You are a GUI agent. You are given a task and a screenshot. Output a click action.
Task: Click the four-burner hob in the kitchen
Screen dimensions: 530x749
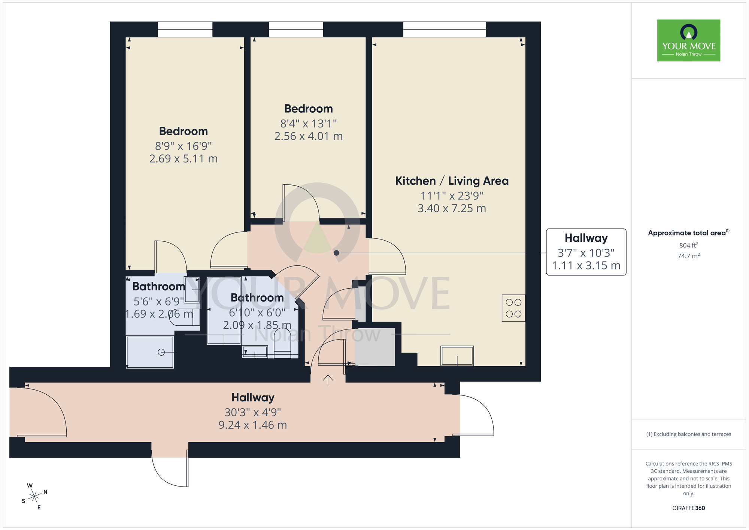513,308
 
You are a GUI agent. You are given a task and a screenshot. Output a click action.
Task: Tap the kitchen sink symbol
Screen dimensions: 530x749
457,355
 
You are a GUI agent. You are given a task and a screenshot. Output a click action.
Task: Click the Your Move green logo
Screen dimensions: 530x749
688,40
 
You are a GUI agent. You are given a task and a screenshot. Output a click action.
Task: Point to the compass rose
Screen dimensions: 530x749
34,497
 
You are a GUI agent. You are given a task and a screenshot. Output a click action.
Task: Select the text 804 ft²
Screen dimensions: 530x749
688,246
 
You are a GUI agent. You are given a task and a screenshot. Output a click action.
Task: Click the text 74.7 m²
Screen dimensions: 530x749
688,256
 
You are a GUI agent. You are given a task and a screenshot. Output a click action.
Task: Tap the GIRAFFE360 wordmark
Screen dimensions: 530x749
688,508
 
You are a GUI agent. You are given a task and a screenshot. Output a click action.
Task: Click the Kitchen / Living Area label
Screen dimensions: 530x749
452,181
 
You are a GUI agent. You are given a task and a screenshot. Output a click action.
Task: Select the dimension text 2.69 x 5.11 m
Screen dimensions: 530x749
183,159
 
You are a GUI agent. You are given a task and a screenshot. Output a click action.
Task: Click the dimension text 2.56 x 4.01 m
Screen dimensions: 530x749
308,136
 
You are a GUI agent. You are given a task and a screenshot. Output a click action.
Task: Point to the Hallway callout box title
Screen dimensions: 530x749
586,238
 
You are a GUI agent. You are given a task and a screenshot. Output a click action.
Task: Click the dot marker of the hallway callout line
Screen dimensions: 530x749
336,253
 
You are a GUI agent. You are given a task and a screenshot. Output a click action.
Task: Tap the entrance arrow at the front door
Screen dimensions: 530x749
328,379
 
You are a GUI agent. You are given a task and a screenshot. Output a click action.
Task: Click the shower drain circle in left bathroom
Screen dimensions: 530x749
161,352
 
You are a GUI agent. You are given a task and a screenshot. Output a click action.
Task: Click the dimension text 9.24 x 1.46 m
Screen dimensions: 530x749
252,425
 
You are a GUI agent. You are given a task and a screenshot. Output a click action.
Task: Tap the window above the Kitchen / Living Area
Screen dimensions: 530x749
444,29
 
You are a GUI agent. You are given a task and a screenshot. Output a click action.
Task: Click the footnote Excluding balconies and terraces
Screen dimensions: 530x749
688,434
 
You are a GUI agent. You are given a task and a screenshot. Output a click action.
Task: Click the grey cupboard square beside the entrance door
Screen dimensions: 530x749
374,347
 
